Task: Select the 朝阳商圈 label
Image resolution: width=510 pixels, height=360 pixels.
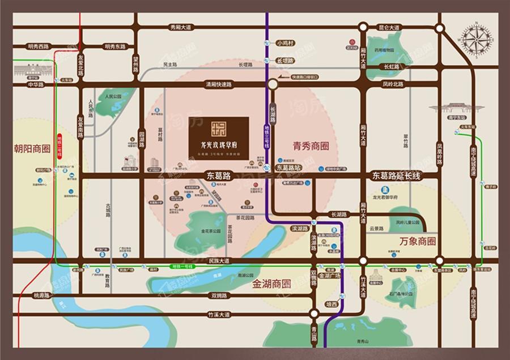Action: click(32, 150)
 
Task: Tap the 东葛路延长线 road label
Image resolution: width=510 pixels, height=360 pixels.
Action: click(396, 176)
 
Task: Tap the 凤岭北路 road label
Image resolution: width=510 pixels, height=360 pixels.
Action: click(392, 84)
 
